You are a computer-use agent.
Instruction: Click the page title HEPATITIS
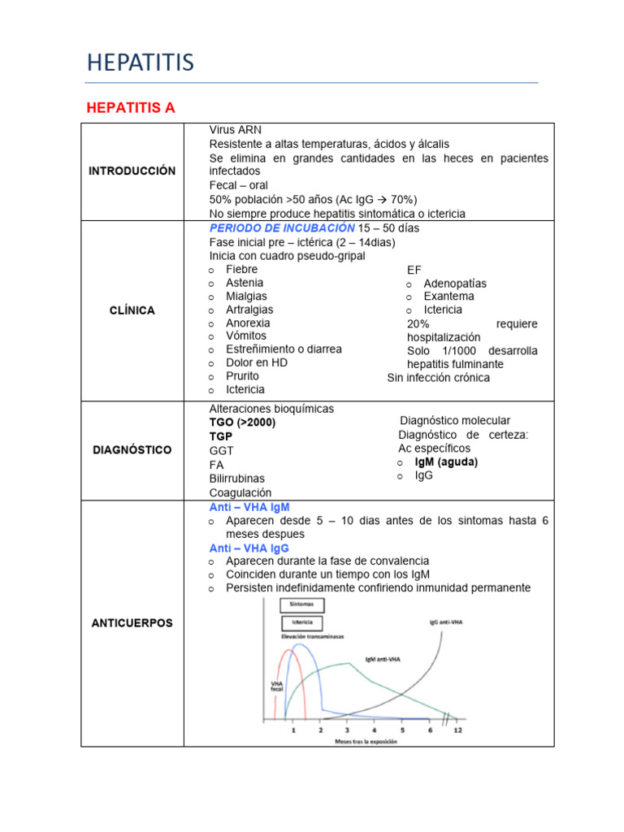tap(140, 63)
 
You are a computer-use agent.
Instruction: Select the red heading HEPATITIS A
tap(131, 107)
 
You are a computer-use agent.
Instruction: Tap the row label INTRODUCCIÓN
tap(132, 171)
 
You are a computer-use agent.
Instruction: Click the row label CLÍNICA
tap(132, 310)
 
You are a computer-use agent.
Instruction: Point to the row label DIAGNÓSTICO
tap(132, 449)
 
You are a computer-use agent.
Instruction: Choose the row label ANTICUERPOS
tap(132, 622)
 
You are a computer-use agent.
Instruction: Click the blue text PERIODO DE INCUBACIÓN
tap(282, 228)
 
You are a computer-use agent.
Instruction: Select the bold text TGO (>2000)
tap(242, 422)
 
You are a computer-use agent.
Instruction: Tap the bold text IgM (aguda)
tap(446, 461)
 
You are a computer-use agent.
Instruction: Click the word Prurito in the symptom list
tap(242, 376)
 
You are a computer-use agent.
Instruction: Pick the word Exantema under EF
tap(448, 297)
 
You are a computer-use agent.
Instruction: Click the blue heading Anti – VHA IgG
tap(249, 548)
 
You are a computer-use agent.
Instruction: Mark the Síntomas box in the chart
tap(301, 604)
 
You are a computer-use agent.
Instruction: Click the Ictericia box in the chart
tap(301, 623)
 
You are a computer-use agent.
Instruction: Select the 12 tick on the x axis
tap(459, 730)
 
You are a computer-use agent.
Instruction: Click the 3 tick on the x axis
tap(348, 730)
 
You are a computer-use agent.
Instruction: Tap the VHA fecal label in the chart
tap(276, 687)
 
